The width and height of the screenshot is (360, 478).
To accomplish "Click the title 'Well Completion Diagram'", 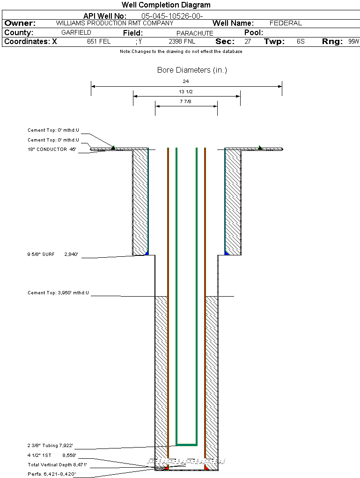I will [x=166, y=5].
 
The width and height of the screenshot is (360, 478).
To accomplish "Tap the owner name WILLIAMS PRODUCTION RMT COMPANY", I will [x=114, y=23].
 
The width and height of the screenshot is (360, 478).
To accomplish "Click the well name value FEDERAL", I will [x=286, y=23].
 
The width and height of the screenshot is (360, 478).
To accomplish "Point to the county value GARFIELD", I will [x=76, y=33].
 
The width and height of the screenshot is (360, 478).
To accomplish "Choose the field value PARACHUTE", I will [x=195, y=33].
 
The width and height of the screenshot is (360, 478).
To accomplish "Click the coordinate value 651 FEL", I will [x=99, y=42].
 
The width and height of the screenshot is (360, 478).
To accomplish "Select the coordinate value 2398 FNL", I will [x=182, y=42].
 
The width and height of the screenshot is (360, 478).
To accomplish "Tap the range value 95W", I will [x=353, y=42].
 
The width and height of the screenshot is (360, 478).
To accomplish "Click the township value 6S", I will [x=301, y=42].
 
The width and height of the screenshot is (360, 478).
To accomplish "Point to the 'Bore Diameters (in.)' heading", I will [x=192, y=70].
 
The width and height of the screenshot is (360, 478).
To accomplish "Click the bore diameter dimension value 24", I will [x=186, y=81].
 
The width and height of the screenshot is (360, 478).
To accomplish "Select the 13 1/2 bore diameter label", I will [x=186, y=91].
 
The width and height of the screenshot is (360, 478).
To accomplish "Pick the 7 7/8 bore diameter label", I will [x=186, y=101].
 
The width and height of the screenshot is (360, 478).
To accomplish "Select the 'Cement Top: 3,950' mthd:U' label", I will [x=58, y=293].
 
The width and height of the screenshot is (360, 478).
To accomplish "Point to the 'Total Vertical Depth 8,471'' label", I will [x=57, y=465].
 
